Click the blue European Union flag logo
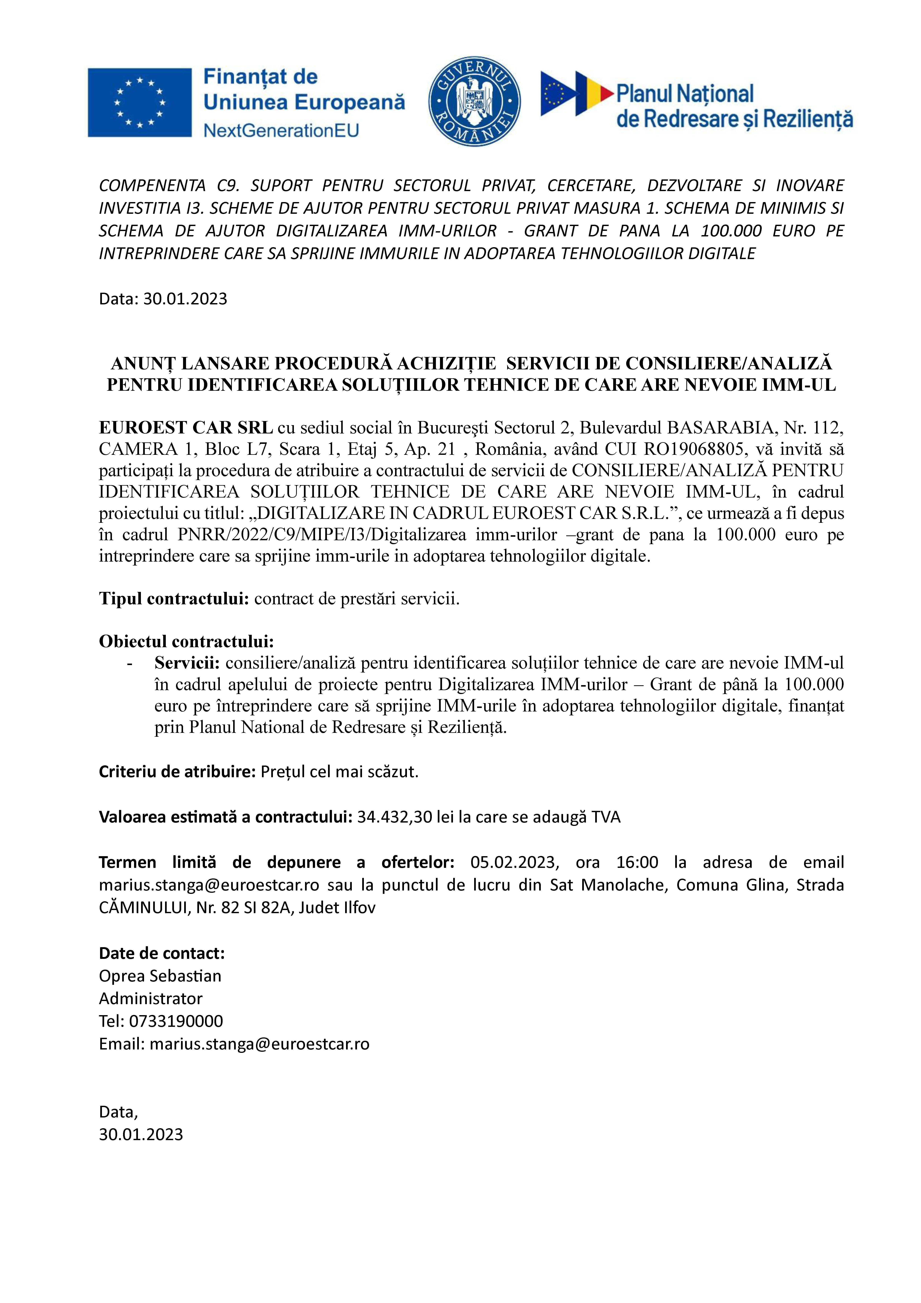140,103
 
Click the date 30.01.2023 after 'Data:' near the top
185,299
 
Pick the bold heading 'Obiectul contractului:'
186,641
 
